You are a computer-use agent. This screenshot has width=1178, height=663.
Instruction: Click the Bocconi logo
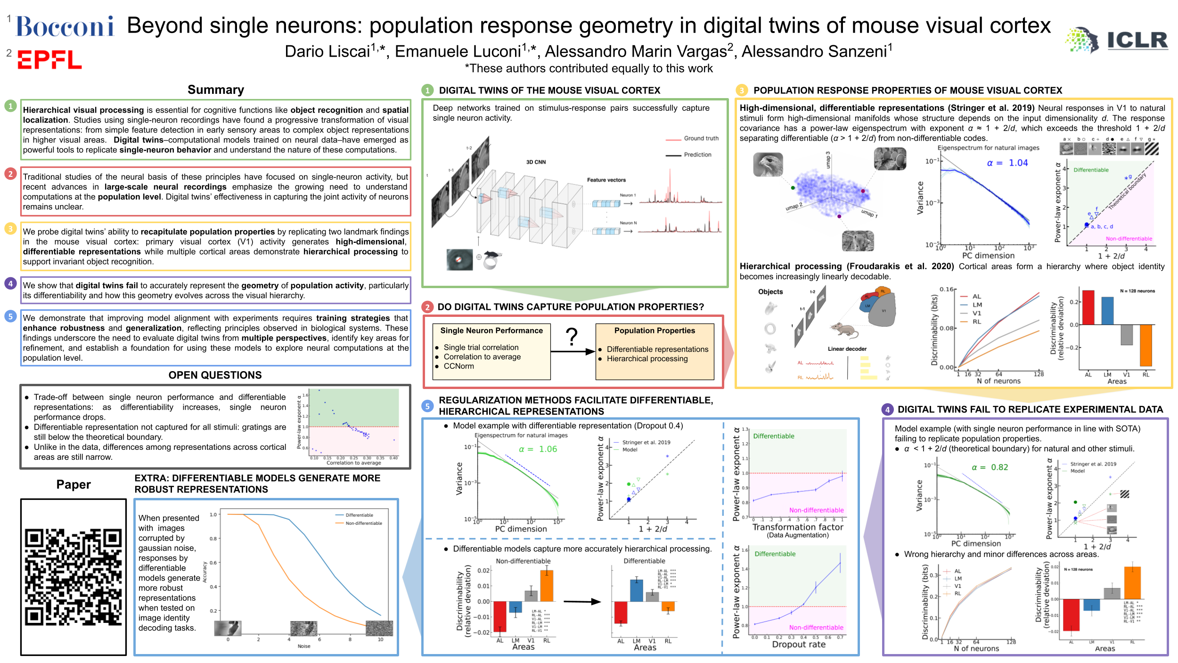(65, 27)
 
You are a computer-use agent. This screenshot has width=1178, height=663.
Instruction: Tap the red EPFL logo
(49, 60)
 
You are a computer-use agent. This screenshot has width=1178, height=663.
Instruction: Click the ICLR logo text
(1137, 41)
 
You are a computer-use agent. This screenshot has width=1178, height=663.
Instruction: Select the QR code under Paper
(74, 577)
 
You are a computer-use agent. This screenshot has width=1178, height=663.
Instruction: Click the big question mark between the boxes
(572, 337)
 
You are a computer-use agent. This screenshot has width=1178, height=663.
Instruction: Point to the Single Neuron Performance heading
(491, 331)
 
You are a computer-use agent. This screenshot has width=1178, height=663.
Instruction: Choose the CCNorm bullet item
(458, 366)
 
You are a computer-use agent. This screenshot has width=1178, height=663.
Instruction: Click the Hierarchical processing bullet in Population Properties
(647, 359)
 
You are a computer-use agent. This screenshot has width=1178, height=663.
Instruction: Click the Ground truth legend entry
(701, 139)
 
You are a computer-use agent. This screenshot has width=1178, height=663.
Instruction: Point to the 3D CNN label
(536, 162)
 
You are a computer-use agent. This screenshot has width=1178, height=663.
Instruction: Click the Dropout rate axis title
(799, 645)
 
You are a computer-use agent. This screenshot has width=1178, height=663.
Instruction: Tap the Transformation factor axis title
(797, 527)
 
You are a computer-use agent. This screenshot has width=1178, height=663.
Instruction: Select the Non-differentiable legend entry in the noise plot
(363, 523)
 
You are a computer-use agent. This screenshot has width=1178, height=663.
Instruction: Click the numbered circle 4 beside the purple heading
(888, 410)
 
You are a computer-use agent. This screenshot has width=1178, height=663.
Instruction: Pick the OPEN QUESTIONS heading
(215, 375)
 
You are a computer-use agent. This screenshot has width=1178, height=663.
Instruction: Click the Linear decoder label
(847, 349)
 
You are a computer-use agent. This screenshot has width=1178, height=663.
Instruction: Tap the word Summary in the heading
(216, 90)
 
